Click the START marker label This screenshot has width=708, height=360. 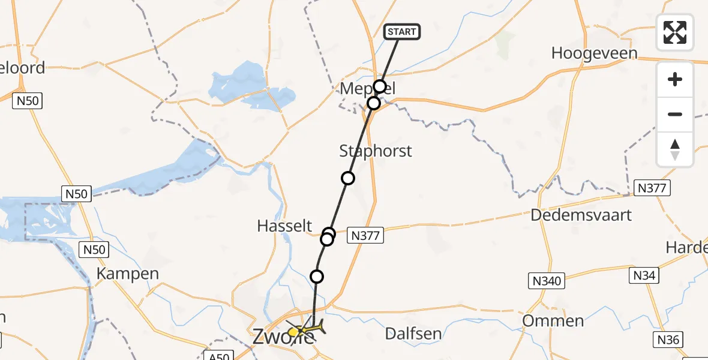[401, 32]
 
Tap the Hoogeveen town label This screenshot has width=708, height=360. [594, 53]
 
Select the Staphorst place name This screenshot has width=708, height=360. [376, 151]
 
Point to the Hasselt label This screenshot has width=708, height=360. [284, 226]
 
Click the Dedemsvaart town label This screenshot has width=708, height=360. [581, 215]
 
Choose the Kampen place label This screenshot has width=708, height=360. [128, 274]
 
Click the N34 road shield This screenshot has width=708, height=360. [644, 275]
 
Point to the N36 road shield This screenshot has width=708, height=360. [667, 340]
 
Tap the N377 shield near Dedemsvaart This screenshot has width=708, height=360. [652, 188]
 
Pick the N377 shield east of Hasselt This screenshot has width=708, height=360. [365, 236]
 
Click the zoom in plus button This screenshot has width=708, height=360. [675, 79]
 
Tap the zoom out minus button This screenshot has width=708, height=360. [675, 114]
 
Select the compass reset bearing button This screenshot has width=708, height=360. [675, 149]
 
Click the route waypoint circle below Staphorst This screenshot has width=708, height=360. [348, 178]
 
